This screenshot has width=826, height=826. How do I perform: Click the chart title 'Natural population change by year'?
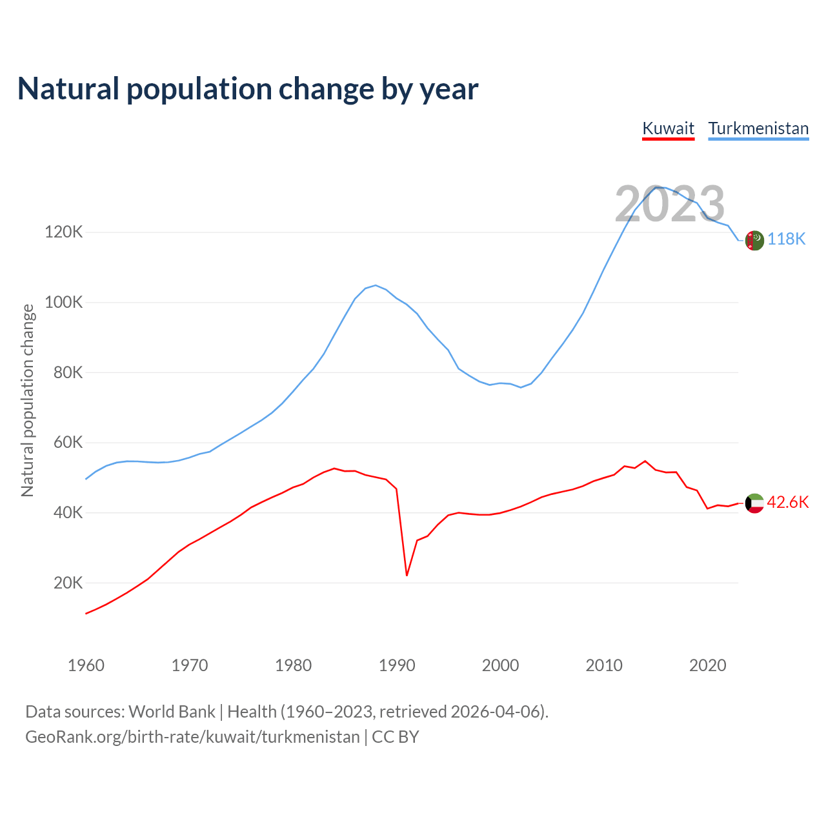pos(248,89)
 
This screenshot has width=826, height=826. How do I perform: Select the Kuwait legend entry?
pos(669,128)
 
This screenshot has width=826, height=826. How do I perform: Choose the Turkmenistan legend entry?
pos(758,128)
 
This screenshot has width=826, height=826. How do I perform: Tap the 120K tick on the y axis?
pos(63,232)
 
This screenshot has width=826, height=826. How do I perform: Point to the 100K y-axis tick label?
pos(63,303)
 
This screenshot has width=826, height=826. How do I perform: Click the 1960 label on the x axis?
pos(86,665)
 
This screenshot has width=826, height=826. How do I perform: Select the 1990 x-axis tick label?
pos(397,665)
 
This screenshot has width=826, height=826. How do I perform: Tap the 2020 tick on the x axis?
pos(708,665)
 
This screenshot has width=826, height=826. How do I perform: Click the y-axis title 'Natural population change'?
pos(28,401)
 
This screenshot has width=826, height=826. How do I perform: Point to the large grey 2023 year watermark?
pos(670,204)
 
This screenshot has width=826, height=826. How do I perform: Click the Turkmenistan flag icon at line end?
pos(754,240)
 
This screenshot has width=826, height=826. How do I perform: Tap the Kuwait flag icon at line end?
pos(754,503)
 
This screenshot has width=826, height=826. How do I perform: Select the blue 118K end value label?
pos(787,239)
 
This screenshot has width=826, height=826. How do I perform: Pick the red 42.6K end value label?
pos(788,503)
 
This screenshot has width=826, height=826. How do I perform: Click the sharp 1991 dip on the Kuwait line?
pos(407,575)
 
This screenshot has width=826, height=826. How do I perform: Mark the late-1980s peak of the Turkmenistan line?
pos(376,285)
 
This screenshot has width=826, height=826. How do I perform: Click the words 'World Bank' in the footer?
pos(172,712)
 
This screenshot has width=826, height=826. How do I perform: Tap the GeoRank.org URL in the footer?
pos(192,737)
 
